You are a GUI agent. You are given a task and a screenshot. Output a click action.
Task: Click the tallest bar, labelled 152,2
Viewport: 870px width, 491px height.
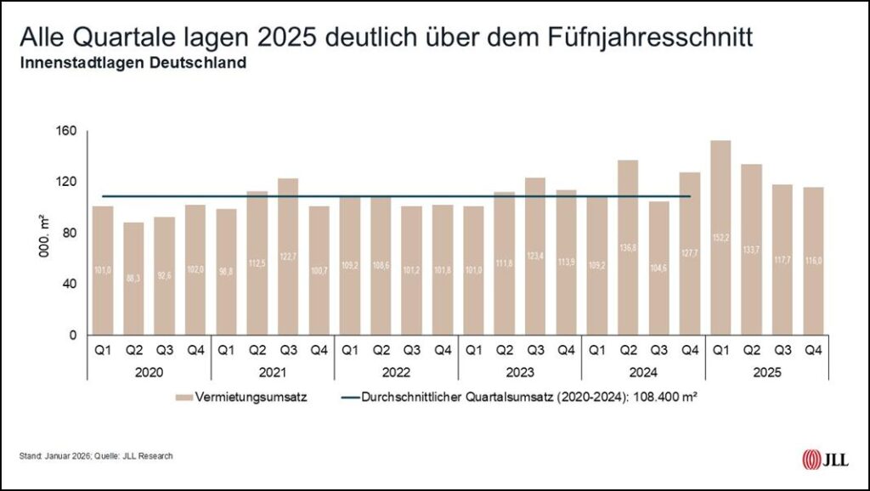coord(720,238)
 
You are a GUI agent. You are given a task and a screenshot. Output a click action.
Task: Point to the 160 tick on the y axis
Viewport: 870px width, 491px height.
coord(68,131)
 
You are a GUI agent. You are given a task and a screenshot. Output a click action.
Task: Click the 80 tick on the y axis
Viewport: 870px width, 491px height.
coord(68,233)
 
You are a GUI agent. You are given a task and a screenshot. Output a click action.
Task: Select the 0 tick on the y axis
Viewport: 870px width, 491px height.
coord(73,335)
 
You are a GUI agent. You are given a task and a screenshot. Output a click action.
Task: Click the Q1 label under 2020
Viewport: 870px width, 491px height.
coord(103,350)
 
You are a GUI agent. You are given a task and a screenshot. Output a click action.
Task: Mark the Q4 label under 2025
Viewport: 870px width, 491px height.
coord(812,350)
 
